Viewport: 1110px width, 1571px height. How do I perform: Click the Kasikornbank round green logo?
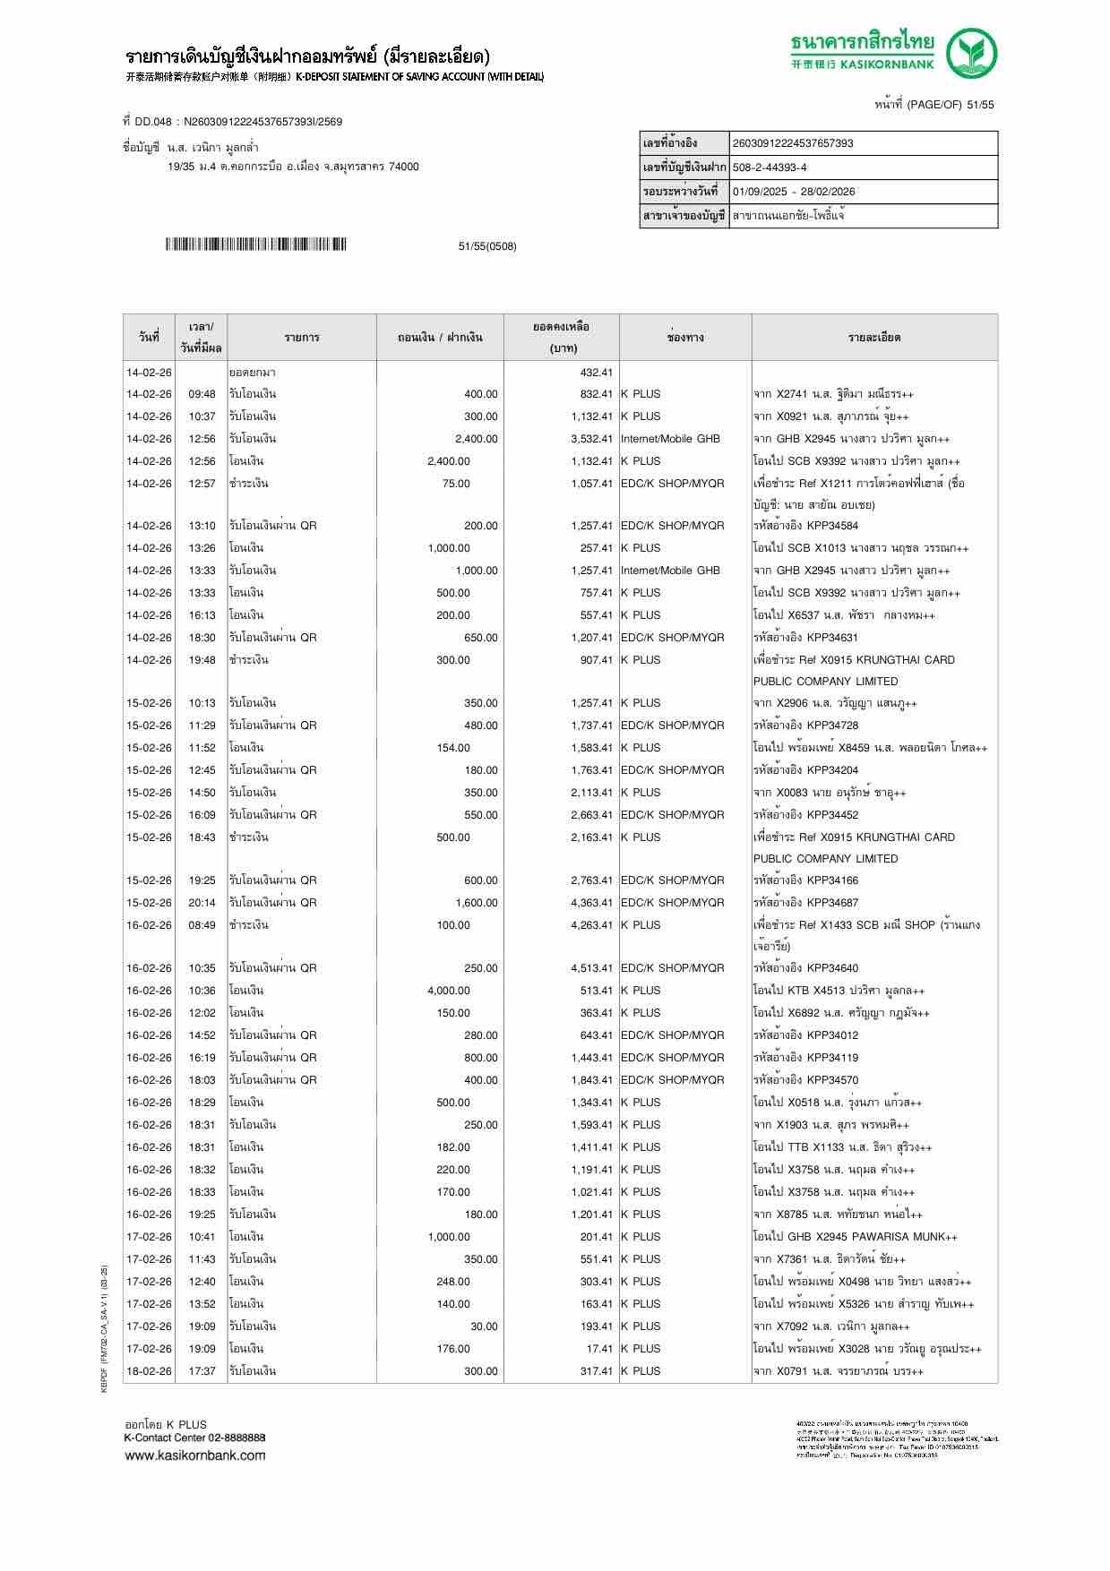[973, 54]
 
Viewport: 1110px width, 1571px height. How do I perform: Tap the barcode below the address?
[255, 245]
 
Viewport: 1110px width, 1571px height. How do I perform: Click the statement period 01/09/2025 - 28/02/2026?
[794, 192]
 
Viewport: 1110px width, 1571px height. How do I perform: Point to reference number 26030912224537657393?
[793, 143]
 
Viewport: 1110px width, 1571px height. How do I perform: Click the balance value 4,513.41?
[591, 968]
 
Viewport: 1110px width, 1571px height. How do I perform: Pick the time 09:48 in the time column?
[202, 394]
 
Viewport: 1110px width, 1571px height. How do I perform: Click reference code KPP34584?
[831, 526]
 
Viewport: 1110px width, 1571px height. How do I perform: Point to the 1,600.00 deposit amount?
[476, 903]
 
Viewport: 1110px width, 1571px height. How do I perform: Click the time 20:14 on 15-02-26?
[202, 903]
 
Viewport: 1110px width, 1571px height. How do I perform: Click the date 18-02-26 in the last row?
[149, 1371]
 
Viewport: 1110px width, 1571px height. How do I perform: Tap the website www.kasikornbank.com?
[194, 1455]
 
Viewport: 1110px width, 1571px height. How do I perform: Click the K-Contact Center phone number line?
[194, 1438]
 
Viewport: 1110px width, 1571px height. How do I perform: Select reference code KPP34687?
[831, 903]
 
